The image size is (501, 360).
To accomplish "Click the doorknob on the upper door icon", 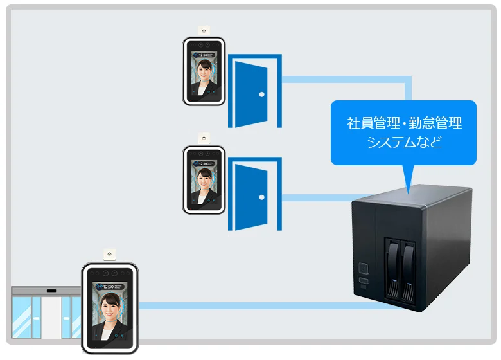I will click(x=262, y=94).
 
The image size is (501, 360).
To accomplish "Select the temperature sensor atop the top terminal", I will click(x=204, y=30).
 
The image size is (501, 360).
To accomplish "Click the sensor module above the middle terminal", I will click(x=204, y=138).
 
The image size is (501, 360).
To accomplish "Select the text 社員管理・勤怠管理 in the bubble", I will click(x=404, y=122).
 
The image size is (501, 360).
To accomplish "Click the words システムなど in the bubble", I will click(x=404, y=142).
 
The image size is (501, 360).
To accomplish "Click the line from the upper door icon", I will click(x=347, y=80).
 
